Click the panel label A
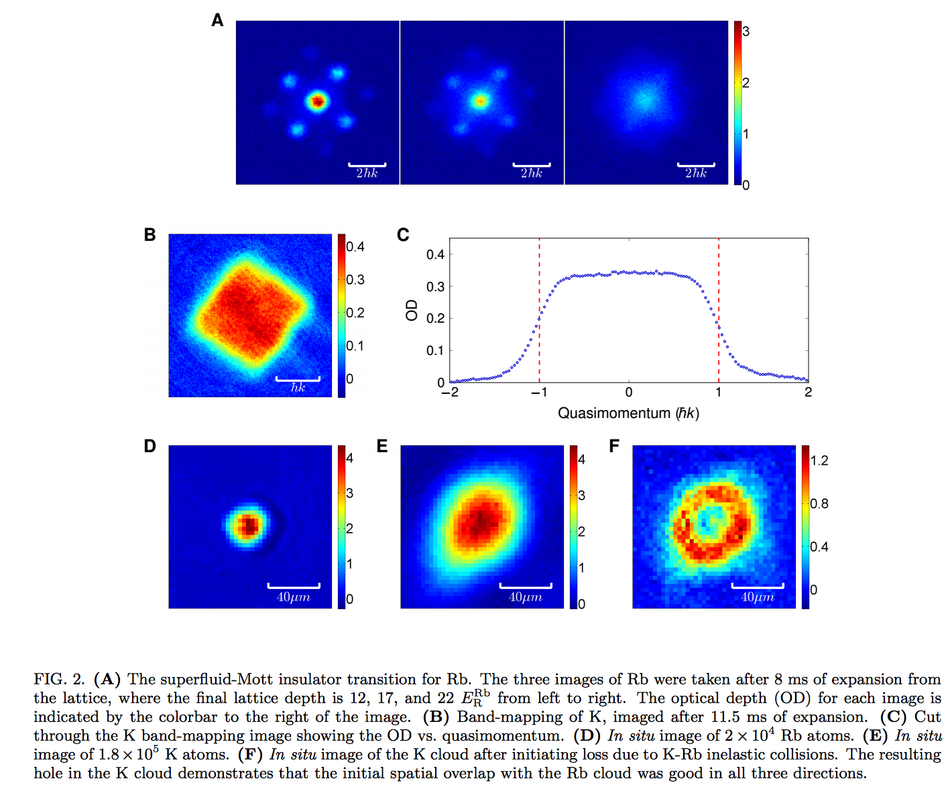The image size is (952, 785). (x=217, y=21)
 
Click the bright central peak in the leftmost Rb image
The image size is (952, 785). (x=317, y=101)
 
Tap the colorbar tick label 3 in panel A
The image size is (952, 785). (x=746, y=32)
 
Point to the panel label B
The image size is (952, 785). (x=150, y=235)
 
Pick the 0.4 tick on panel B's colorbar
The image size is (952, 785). (x=355, y=247)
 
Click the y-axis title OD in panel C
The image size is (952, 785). (x=412, y=310)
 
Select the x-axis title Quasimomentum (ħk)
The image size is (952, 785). (x=628, y=413)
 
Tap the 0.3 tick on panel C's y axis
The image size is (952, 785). (x=435, y=286)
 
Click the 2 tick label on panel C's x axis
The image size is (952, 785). (x=808, y=392)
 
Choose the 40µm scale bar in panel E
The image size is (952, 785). (x=526, y=586)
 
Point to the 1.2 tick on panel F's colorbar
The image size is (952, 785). (x=819, y=460)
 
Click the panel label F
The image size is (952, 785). (x=613, y=446)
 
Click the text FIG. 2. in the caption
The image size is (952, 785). (x=59, y=680)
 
